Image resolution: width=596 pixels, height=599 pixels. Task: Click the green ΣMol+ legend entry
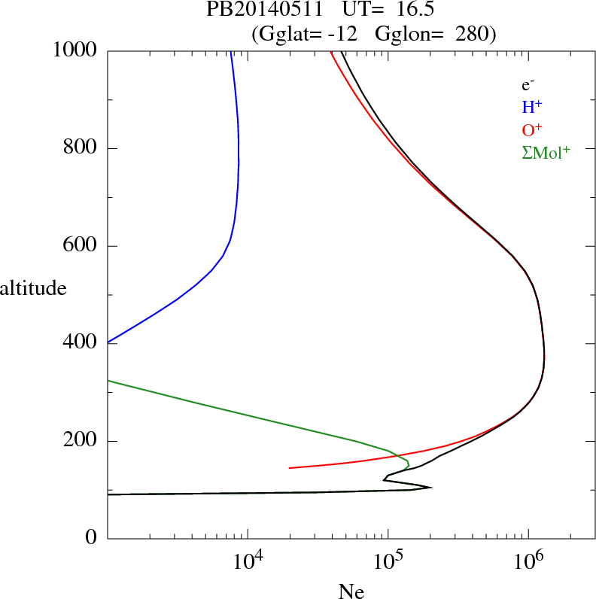click(x=545, y=151)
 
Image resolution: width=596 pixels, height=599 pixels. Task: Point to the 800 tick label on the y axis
click(x=80, y=148)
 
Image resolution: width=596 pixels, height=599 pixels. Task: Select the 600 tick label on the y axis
click(x=80, y=246)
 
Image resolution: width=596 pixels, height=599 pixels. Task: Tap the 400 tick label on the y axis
click(x=80, y=343)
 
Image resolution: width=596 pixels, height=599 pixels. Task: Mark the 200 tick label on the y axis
click(x=80, y=441)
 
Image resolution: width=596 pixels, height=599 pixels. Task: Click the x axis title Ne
click(x=350, y=591)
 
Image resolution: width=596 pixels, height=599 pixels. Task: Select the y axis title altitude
click(x=34, y=287)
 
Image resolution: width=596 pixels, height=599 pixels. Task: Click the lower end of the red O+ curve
click(x=290, y=467)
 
